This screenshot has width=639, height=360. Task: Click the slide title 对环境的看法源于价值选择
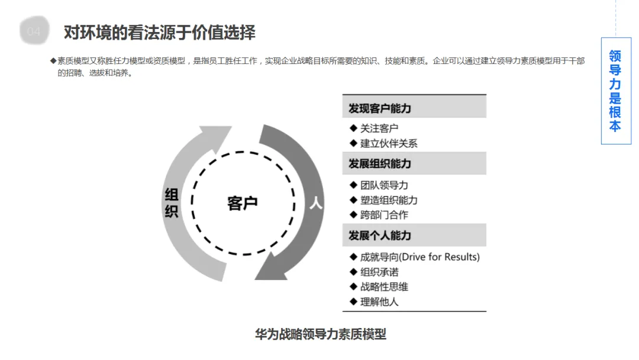pos(159,32)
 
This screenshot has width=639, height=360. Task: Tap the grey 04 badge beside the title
pos(34,31)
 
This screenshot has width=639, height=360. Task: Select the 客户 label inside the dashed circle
pos(243,203)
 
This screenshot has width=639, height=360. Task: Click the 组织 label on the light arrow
pos(171,203)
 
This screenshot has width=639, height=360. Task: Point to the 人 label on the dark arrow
pos(315,203)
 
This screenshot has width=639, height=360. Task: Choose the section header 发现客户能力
pos(380,109)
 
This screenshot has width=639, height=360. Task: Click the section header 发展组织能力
pos(380,163)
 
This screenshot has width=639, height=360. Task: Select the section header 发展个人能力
pos(380,235)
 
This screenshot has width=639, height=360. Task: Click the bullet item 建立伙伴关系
pos(389,143)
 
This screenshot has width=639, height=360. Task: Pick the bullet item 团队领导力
pos(384,185)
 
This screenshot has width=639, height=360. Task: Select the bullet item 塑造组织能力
pos(389,200)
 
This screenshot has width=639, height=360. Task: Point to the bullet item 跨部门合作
pos(384,215)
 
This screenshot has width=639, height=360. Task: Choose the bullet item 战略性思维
pos(384,287)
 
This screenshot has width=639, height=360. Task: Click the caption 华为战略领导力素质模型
pos(320,334)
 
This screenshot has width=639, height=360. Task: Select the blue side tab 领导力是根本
pos(615,91)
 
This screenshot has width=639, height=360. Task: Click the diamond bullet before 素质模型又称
pos(53,61)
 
